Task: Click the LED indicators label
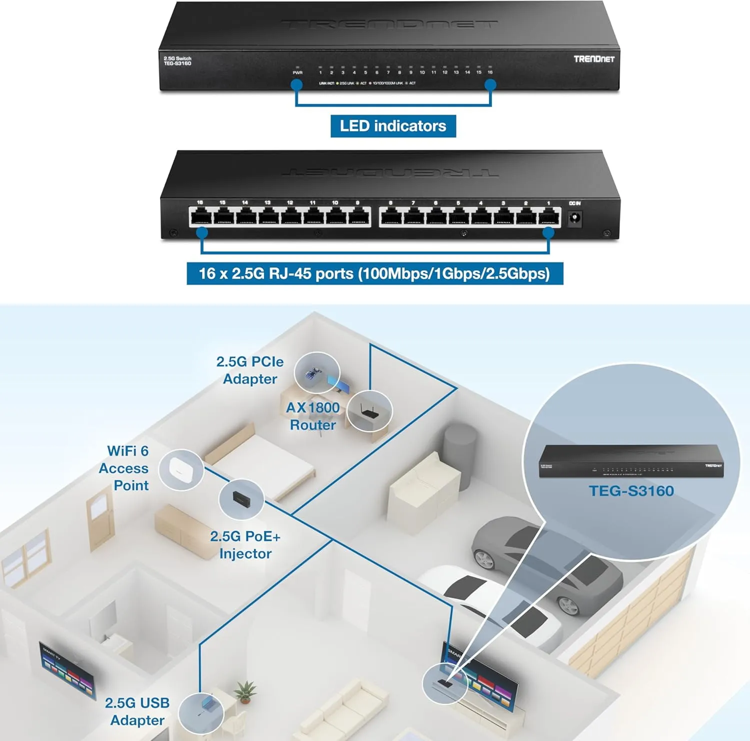click(x=393, y=126)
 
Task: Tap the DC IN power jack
click(x=575, y=218)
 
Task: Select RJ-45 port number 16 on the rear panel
click(x=200, y=217)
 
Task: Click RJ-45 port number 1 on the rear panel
click(x=548, y=217)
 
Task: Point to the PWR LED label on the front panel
click(x=297, y=73)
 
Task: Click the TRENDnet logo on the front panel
click(x=593, y=59)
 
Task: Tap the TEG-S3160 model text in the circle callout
click(x=631, y=491)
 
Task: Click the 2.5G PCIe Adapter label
click(x=250, y=370)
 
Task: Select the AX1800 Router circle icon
click(x=369, y=411)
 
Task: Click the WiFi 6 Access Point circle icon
click(x=181, y=469)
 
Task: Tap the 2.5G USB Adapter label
click(x=137, y=711)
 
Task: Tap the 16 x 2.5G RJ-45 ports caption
click(x=374, y=274)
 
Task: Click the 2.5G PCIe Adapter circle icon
click(x=317, y=373)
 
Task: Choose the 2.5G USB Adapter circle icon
click(x=201, y=713)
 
